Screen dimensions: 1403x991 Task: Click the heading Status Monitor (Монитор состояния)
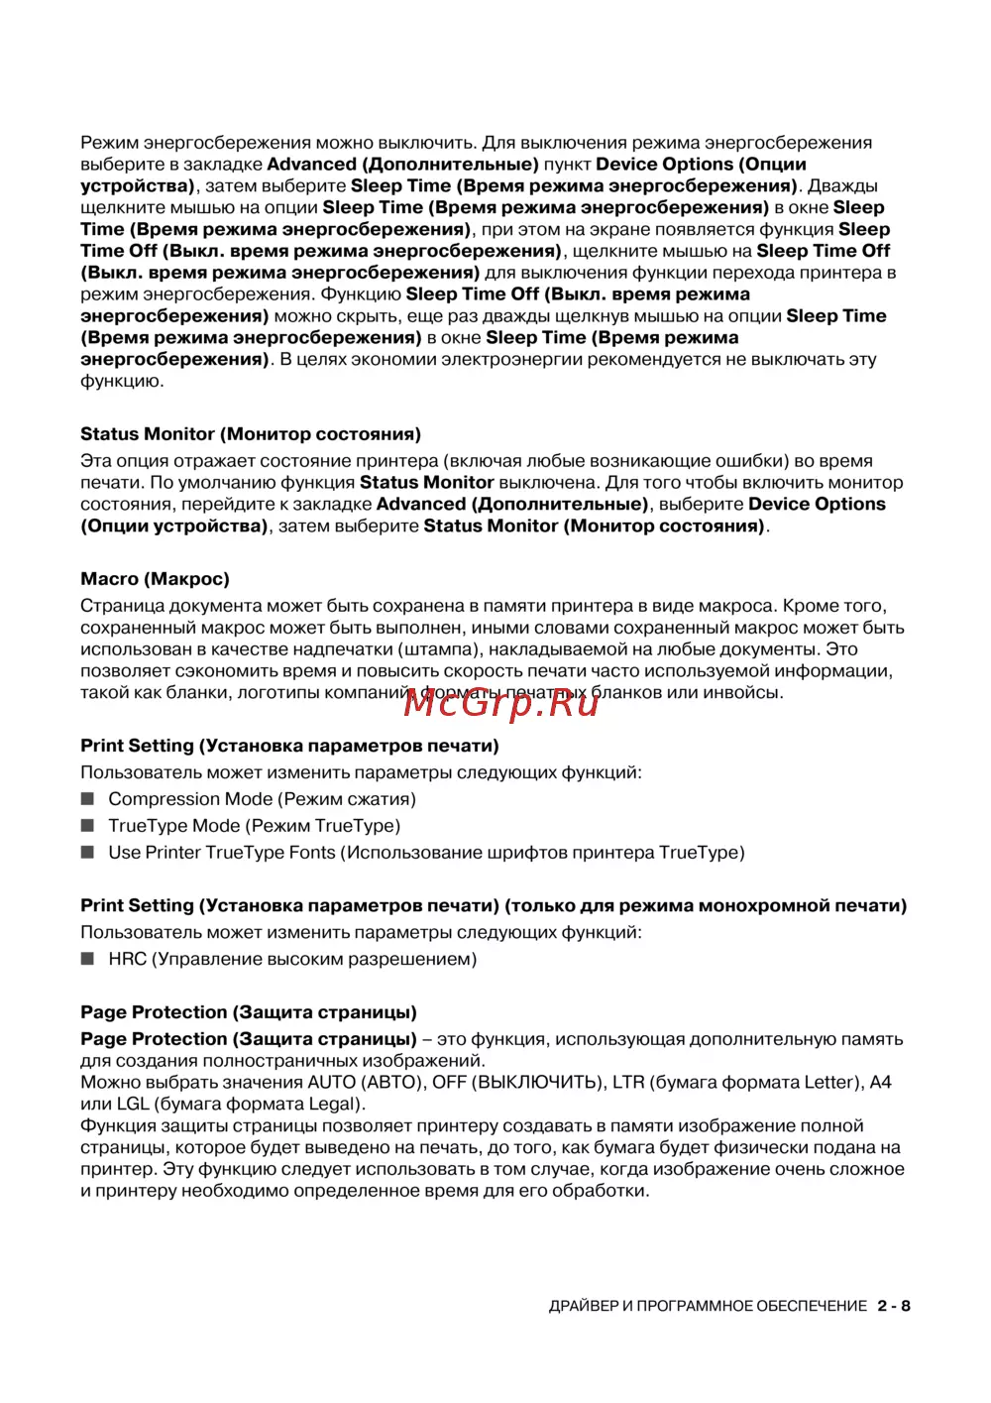(x=251, y=434)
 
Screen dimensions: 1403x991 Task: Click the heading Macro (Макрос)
(x=155, y=579)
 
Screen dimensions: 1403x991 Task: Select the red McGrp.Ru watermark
(x=502, y=702)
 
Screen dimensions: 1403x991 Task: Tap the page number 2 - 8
(x=893, y=1306)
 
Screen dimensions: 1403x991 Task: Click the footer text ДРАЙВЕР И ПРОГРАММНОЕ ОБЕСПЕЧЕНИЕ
(x=708, y=1306)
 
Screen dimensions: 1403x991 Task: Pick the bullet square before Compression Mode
(x=87, y=799)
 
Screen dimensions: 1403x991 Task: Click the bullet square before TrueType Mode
(x=87, y=826)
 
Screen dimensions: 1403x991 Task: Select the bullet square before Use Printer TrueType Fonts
(x=87, y=853)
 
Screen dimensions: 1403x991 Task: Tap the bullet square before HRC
(x=87, y=959)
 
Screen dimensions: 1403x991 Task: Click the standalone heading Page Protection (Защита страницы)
(x=249, y=1012)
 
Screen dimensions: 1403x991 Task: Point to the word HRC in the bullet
(x=128, y=959)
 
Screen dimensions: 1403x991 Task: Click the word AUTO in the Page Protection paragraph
(x=331, y=1083)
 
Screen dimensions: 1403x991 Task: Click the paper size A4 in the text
(x=880, y=1083)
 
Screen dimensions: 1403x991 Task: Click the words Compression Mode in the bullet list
(x=190, y=799)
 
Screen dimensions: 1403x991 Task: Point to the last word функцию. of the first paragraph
(x=122, y=382)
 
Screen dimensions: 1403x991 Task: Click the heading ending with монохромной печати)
(x=494, y=905)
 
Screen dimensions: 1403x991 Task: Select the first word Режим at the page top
(x=110, y=143)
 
